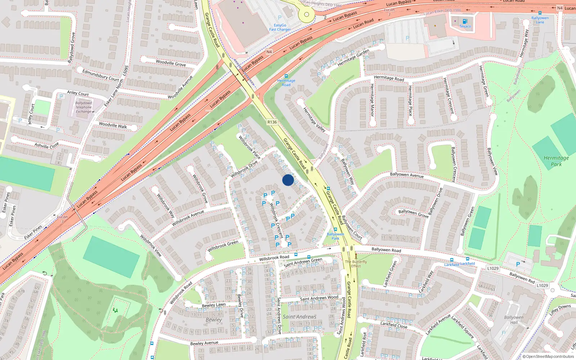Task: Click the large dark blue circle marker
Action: tap(288, 180)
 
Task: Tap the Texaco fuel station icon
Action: tap(465, 21)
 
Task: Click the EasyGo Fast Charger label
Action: tap(280, 27)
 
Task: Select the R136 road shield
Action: tap(272, 122)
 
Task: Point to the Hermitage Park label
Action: tap(556, 161)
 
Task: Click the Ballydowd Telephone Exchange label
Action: tap(84, 107)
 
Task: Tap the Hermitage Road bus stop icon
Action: tap(286, 76)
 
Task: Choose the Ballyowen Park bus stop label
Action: tap(335, 236)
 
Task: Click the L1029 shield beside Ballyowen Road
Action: tap(493, 268)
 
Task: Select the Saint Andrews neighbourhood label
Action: tap(300, 317)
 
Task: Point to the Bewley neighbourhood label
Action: tap(214, 320)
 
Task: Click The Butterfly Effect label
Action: tap(356, 264)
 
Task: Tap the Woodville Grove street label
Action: tap(171, 63)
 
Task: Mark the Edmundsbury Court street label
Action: tap(100, 75)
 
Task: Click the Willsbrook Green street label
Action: tap(223, 246)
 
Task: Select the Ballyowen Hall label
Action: tap(514, 320)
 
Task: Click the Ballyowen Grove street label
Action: tap(413, 213)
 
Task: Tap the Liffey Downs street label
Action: tap(560, 310)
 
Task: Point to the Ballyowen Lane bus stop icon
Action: tap(540, 13)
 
